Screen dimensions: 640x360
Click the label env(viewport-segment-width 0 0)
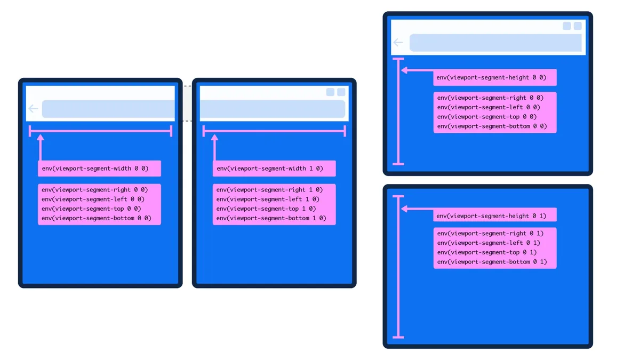[x=95, y=169]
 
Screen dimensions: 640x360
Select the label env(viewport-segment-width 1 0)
[x=270, y=169]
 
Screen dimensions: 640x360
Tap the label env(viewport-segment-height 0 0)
[x=491, y=77]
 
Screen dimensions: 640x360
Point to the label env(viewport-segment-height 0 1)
[x=491, y=216]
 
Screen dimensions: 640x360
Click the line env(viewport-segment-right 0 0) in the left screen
[x=94, y=190]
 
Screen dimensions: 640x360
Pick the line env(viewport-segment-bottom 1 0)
[x=271, y=218]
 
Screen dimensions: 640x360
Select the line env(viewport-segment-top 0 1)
[x=487, y=252]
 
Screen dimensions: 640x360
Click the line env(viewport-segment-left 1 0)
[x=268, y=199]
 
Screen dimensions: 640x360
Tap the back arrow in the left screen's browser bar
[x=33, y=109]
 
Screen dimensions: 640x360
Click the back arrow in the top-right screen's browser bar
[x=398, y=43]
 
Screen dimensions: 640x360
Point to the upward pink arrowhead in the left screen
[x=41, y=138]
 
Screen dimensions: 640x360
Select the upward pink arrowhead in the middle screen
[x=214, y=138]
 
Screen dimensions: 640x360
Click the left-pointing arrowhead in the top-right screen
[x=404, y=70]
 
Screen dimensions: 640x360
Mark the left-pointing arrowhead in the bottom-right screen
[x=404, y=209]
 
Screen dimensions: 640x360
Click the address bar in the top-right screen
[x=495, y=43]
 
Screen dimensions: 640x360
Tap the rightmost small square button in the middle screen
[x=341, y=92]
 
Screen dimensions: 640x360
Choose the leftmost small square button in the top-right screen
[x=566, y=26]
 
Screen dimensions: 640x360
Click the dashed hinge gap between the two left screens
[x=187, y=103]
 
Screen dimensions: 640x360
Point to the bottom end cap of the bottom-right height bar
[x=398, y=338]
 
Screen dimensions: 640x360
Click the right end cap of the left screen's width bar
[x=171, y=131]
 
